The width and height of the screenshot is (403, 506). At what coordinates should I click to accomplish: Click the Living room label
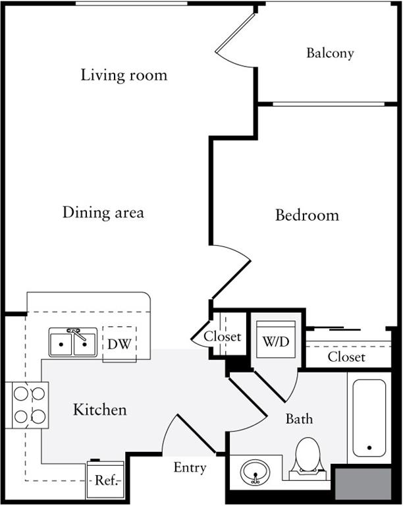point(124,74)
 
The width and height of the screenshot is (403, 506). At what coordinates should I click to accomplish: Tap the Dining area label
point(103,213)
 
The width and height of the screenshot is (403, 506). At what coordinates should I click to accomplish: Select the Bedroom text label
point(307,215)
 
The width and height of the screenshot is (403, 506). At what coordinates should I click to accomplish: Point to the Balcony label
point(330,53)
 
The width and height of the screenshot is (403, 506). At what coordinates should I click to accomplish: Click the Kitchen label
point(99,410)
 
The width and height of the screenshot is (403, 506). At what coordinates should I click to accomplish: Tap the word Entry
point(190,468)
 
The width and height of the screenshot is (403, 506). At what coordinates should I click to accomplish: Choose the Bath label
point(299,418)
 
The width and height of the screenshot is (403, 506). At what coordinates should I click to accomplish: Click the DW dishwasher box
point(119,343)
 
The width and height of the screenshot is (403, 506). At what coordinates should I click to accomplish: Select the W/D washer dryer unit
point(275,341)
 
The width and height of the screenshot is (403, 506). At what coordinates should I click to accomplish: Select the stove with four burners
point(28,405)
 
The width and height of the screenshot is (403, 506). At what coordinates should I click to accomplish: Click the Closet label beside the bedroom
point(346,357)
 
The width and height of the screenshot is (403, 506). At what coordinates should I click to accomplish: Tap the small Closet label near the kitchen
point(222,336)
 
